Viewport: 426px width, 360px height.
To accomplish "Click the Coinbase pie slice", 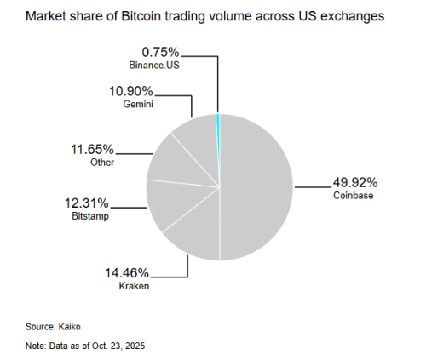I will coord(256,187).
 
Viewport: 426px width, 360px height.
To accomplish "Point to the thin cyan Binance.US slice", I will coord(218,123).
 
